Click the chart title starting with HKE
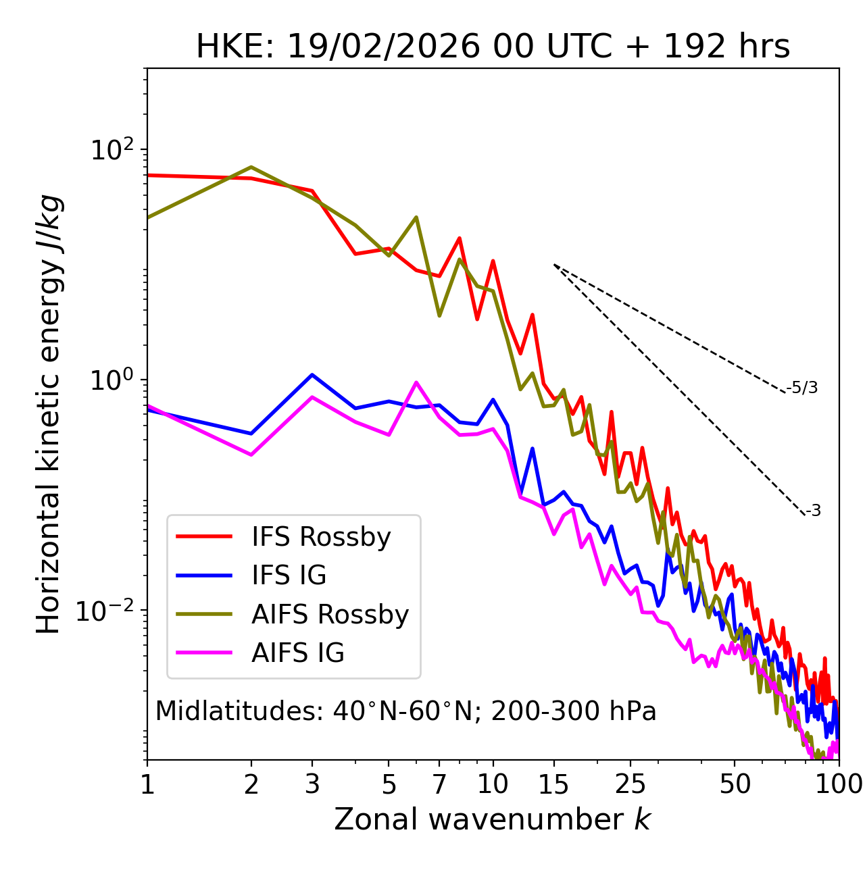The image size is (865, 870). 493,47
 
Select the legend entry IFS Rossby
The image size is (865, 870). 321,537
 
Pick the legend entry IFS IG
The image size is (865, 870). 289,575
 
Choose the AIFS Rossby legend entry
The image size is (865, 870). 330,615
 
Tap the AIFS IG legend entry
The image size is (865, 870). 297,653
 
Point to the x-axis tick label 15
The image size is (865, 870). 554,784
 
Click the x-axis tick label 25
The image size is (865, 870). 631,784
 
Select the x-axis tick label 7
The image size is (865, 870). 439,784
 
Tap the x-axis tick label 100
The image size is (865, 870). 838,784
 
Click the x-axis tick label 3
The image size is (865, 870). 312,784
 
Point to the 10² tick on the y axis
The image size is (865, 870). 112,150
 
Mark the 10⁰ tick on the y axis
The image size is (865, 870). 112,380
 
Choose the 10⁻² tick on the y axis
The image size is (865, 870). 108,611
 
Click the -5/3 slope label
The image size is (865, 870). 802,388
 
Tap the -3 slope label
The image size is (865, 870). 813,511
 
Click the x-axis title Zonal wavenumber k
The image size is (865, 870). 493,820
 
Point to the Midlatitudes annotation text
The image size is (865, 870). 406,711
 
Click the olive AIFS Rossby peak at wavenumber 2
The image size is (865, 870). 251,167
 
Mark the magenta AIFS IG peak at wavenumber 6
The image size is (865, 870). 416,382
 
